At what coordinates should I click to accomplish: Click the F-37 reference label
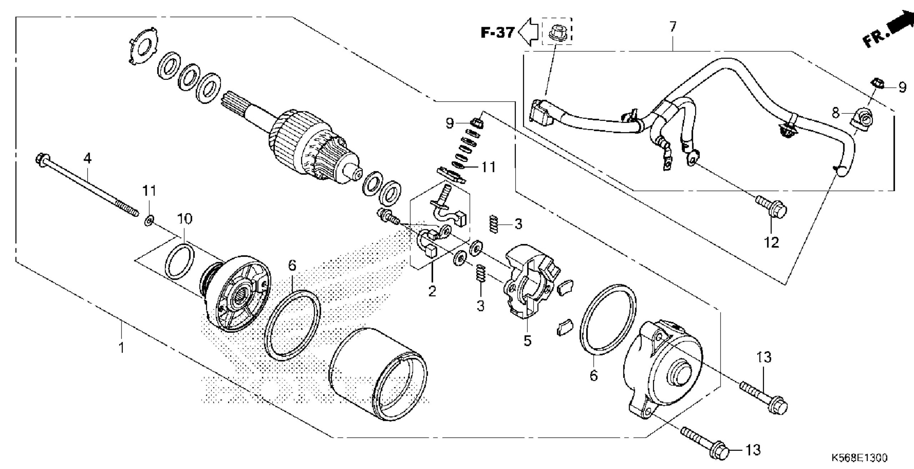click(x=497, y=33)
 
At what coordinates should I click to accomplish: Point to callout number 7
click(x=673, y=27)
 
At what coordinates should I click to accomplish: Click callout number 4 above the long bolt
click(x=87, y=159)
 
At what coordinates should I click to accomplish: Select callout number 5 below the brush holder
click(x=527, y=341)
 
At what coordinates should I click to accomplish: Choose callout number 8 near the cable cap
click(x=835, y=113)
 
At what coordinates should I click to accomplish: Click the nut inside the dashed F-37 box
click(x=556, y=32)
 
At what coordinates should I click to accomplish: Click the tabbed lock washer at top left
click(x=142, y=45)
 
